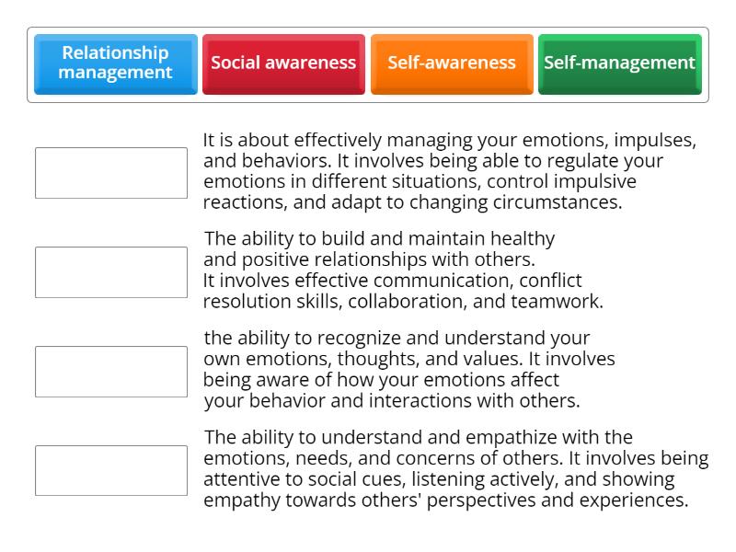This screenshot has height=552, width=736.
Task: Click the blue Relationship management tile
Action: pyautogui.click(x=116, y=63)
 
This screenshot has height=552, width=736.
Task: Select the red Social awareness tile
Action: pyautogui.click(x=283, y=63)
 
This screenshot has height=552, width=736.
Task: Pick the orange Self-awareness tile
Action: pyautogui.click(x=452, y=63)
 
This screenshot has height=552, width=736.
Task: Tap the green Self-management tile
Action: pyautogui.click(x=619, y=63)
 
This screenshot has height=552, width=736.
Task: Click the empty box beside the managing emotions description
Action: pyautogui.click(x=111, y=173)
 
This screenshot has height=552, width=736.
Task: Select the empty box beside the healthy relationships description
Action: pyautogui.click(x=111, y=272)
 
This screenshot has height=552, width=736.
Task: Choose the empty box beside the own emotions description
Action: pyautogui.click(x=111, y=372)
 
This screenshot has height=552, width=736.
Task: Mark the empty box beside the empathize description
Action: pyautogui.click(x=111, y=471)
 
